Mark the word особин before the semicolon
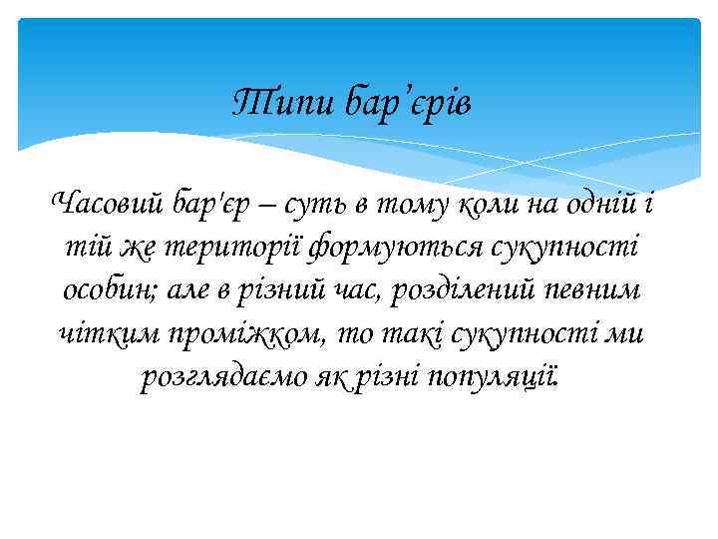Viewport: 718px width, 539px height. coord(105,290)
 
